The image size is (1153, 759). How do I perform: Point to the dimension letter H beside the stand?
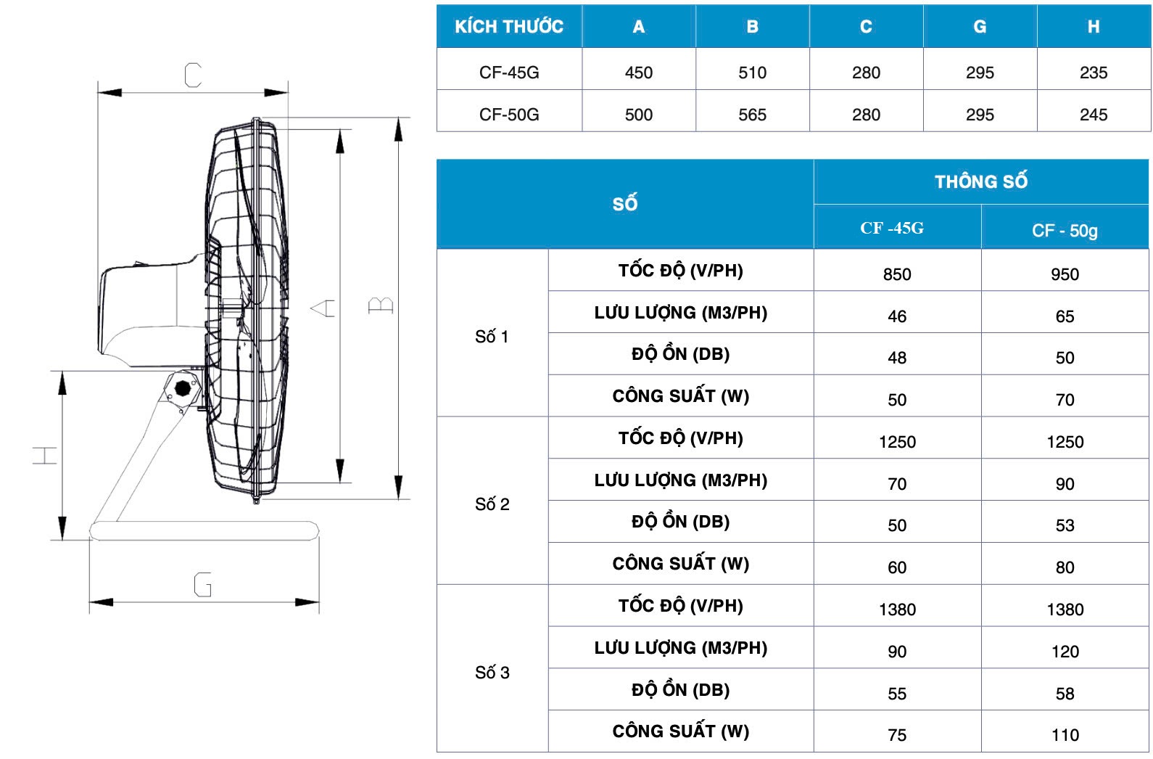(x=45, y=456)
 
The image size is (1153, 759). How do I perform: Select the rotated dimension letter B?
(x=381, y=305)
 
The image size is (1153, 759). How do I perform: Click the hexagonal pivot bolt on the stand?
(x=182, y=388)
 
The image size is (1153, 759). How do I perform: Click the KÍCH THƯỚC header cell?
(x=509, y=26)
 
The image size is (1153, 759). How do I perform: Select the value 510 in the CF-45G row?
(x=753, y=73)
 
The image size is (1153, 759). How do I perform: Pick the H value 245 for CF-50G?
(x=1094, y=115)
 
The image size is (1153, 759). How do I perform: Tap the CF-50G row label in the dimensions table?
(x=509, y=115)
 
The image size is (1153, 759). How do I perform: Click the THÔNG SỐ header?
(x=981, y=181)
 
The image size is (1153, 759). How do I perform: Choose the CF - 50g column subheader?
(x=1065, y=230)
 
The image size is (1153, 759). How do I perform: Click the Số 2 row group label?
(x=492, y=504)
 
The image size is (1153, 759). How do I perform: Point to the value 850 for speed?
(x=897, y=274)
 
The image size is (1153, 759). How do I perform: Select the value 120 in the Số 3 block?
(x=1065, y=652)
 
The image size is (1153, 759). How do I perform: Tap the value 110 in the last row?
(x=1065, y=735)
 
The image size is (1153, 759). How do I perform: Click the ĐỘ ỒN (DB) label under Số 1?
(x=680, y=354)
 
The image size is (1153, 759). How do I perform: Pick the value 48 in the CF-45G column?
(x=897, y=358)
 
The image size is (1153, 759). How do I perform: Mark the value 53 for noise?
(x=1065, y=525)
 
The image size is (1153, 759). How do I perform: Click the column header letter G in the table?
(x=980, y=26)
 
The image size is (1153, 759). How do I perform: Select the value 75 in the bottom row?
(x=897, y=735)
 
